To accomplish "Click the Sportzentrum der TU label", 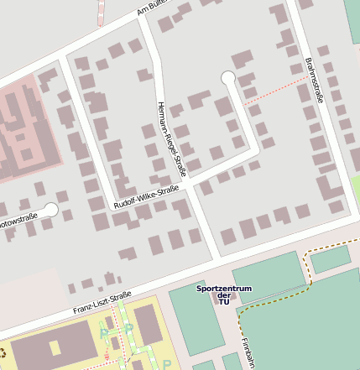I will tap(224, 294).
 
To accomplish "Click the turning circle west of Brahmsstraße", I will tap(228, 78).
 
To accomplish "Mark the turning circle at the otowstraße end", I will tap(51, 210).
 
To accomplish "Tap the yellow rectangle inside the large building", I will tap(56, 347).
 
